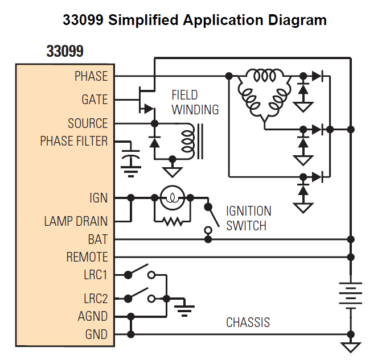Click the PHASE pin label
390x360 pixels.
pos(91,76)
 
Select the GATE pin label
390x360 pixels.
pos(95,100)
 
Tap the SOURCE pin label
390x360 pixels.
pos(88,123)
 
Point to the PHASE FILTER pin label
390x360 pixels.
pos(73,141)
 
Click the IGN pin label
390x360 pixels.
pos(98,198)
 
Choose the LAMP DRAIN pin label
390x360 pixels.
pos(76,221)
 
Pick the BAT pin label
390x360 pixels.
pos(97,239)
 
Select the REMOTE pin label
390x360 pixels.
pos(87,257)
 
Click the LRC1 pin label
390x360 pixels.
pos(95,275)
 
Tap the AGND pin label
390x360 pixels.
pos(92,316)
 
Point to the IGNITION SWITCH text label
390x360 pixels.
pos(248,218)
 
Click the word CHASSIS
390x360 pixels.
pos(248,323)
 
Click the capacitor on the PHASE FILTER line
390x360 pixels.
pos(132,156)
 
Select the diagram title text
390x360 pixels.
pos(194,20)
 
